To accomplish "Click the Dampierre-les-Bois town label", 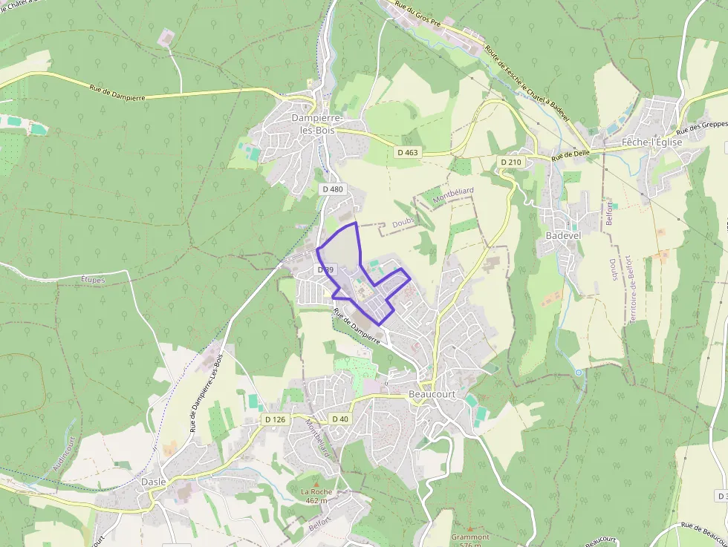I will click(316, 124).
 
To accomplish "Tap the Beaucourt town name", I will click(432, 394).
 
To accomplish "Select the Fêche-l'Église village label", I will click(652, 141).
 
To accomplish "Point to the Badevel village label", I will click(564, 235).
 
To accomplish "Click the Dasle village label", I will click(153, 481).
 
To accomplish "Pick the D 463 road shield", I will click(408, 152).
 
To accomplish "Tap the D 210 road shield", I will click(511, 162).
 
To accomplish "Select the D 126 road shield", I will click(275, 419).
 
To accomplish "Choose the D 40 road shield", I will click(339, 419).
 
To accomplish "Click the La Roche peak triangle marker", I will click(316, 482).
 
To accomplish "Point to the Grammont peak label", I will click(469, 537).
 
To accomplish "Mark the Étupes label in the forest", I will click(93, 280).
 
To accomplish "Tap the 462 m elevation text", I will click(317, 500).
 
